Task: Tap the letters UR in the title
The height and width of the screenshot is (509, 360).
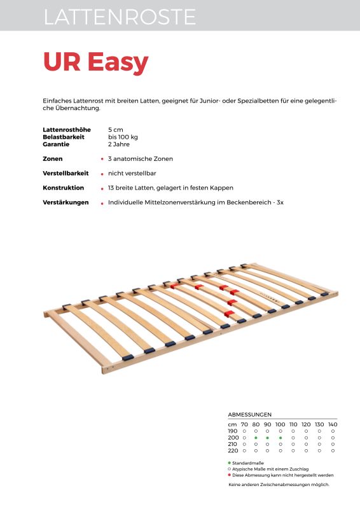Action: click(x=62, y=62)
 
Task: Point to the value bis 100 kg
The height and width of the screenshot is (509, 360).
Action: click(x=123, y=137)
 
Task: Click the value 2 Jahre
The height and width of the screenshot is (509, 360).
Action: click(x=119, y=144)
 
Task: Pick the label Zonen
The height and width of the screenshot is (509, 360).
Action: click(x=53, y=158)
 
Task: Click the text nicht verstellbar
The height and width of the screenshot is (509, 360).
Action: click(x=132, y=173)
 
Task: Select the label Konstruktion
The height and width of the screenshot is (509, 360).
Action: click(x=64, y=188)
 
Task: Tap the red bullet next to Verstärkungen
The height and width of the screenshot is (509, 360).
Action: click(x=102, y=203)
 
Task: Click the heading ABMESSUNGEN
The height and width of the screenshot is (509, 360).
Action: click(x=250, y=414)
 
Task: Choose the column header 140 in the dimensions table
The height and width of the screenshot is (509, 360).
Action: click(x=333, y=424)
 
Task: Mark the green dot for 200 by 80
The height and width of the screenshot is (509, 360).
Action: click(x=255, y=438)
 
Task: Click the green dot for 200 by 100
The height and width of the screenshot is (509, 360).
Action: click(x=280, y=438)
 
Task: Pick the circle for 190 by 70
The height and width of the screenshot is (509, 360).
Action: click(x=244, y=431)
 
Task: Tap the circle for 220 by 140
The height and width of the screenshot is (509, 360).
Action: click(x=333, y=450)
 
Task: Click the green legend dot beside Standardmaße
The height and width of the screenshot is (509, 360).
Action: click(x=229, y=463)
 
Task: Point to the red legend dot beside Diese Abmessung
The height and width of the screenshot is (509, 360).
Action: click(x=229, y=475)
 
